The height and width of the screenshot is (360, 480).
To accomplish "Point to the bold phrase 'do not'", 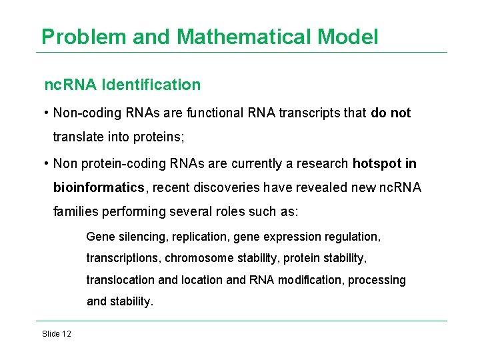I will pyautogui.click(x=391, y=113).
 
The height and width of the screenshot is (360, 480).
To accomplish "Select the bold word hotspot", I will pyautogui.click(x=377, y=163).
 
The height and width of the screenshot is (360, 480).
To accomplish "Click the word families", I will pyautogui.click(x=75, y=211).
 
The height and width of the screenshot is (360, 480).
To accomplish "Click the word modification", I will pyautogui.click(x=309, y=280).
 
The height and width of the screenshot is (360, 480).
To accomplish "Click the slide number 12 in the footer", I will pyautogui.click(x=66, y=333).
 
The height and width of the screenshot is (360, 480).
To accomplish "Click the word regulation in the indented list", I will pyautogui.click(x=357, y=236).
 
